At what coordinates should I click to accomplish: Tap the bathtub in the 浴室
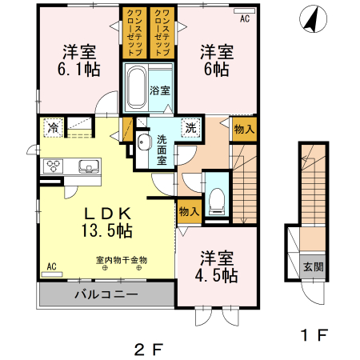coord(136,83)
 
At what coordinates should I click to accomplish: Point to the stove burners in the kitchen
coord(55,166)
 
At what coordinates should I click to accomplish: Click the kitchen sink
coord(88,167)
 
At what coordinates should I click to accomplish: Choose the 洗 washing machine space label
coord(190,127)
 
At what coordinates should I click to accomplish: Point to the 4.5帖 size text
coord(217,276)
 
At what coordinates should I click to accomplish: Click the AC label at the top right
coord(244,17)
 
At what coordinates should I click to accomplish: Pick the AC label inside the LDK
coord(51,266)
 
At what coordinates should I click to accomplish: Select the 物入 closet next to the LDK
coord(189,213)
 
